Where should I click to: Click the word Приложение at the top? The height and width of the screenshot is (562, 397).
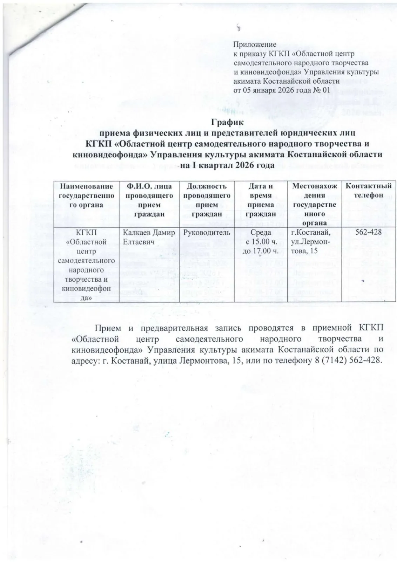coord(255,45)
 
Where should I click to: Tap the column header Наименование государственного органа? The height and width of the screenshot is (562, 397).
coord(86,195)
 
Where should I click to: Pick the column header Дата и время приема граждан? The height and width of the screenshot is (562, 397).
coord(261,200)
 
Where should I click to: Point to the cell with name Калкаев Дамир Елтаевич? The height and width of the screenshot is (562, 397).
coord(149,237)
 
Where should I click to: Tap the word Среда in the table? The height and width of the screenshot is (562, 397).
coord(261,233)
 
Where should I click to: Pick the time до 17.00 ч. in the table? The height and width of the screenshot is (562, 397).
coord(261,251)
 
